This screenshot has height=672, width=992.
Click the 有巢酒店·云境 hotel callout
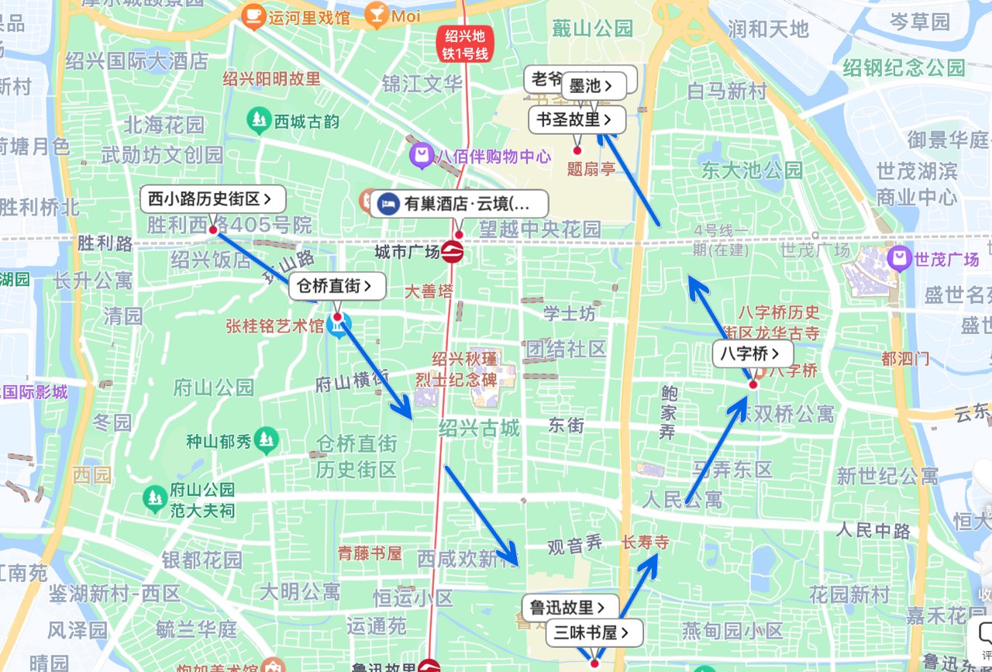coord(460,204)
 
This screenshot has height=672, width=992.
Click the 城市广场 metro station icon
coord(453,252)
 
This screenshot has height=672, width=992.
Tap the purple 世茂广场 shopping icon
coord(899,258)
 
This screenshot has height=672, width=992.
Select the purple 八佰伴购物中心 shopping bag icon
coord(421,156)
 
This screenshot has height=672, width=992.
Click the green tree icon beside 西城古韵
coord(257,120)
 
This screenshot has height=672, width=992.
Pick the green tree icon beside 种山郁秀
coord(267,439)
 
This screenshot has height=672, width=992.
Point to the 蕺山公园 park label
coord(592,29)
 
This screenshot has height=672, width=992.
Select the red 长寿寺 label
coord(645,542)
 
